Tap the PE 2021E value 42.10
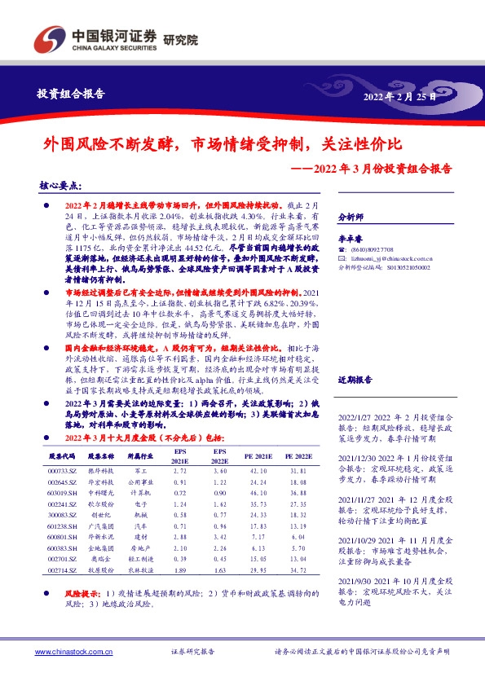[260, 471]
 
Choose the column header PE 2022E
[301, 456]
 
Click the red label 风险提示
[70, 595]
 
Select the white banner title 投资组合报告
[72, 94]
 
